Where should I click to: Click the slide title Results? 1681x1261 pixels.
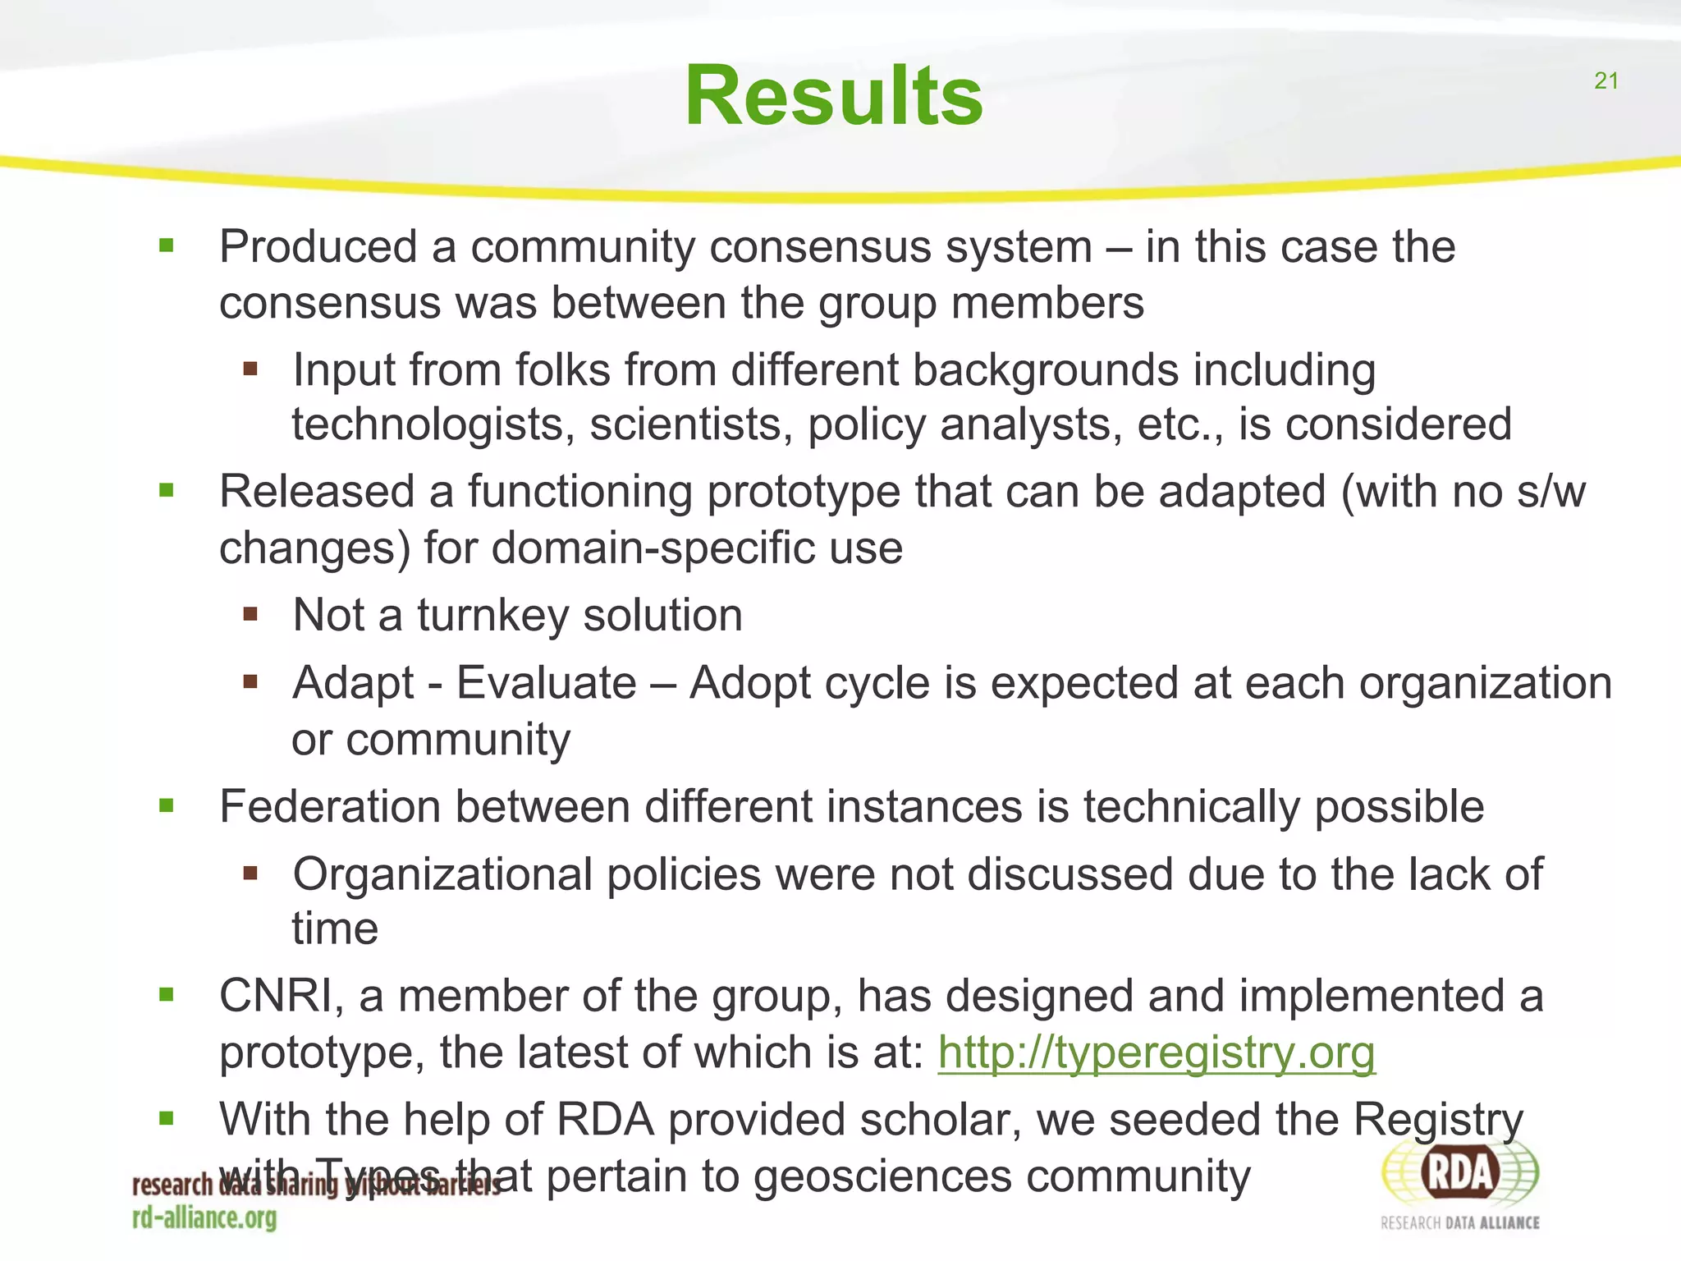(x=833, y=96)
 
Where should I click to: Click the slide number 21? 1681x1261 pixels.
(x=1605, y=80)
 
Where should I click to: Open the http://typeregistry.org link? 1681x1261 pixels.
(x=1156, y=1052)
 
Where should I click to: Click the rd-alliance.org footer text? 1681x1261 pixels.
(x=204, y=1217)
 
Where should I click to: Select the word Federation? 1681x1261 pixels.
(x=330, y=806)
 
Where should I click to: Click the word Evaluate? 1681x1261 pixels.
(x=546, y=683)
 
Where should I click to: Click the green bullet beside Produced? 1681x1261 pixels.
(x=167, y=245)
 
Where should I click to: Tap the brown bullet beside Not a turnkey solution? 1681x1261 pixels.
(x=250, y=613)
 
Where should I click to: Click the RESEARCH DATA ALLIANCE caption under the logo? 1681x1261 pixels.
(x=1459, y=1223)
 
